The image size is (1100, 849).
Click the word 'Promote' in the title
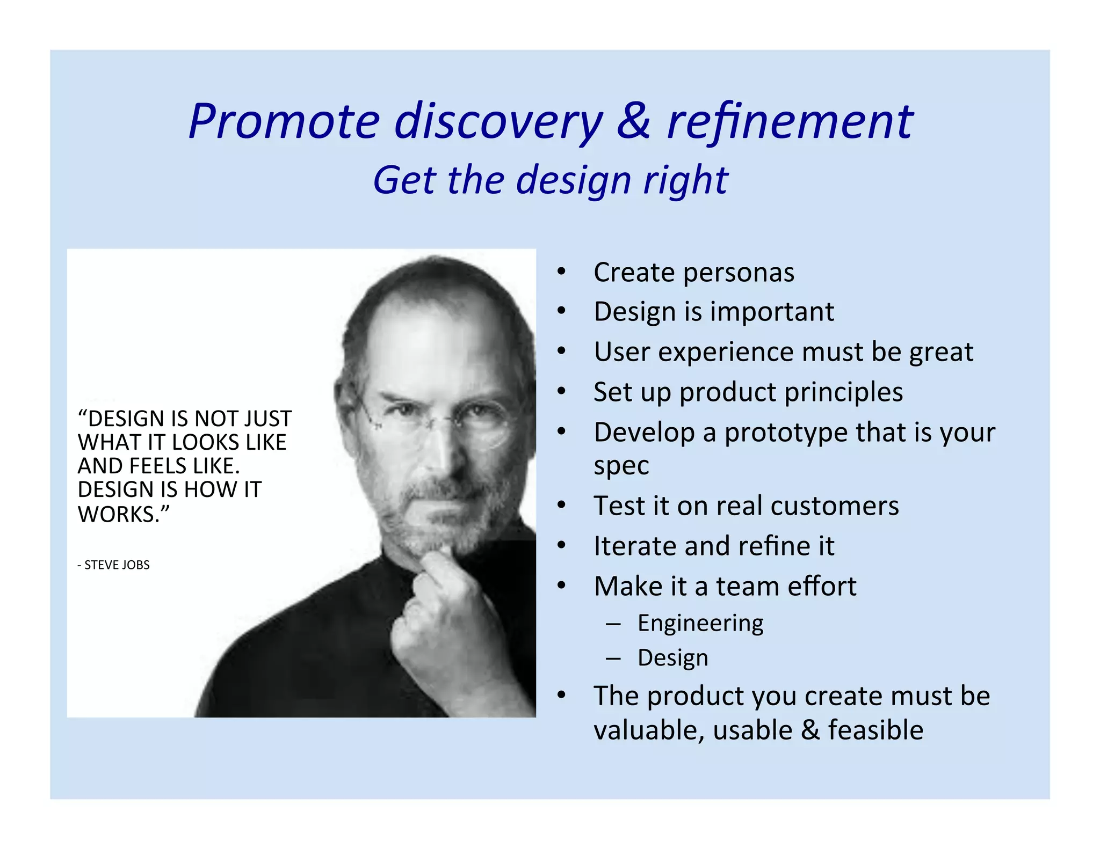pos(285,122)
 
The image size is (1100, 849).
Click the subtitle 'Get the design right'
pos(551,180)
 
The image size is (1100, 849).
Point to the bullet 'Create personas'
pos(693,273)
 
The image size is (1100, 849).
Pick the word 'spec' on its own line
pos(621,466)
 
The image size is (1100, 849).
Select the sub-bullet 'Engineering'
pos(700,624)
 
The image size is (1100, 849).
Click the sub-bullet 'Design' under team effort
pos(672,658)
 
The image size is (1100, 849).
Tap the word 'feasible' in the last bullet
pos(875,730)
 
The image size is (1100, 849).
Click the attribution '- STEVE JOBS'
pos(113,565)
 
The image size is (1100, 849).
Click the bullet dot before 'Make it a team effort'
pos(561,585)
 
